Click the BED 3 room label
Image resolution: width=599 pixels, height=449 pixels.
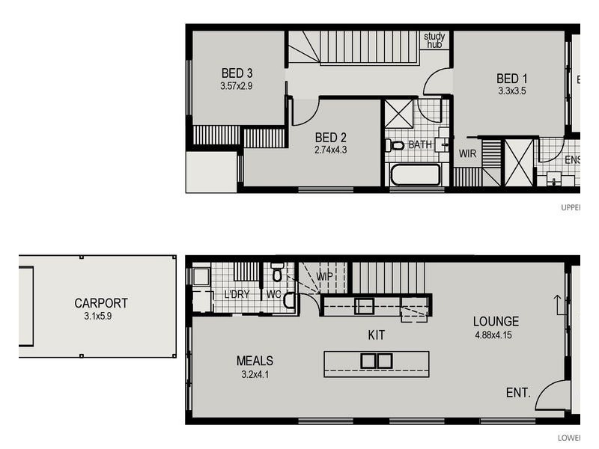[x=237, y=73]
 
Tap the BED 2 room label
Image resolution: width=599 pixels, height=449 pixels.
[x=330, y=137]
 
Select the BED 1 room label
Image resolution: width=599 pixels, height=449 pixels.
[x=512, y=79]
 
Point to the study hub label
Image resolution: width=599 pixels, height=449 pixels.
[x=434, y=40]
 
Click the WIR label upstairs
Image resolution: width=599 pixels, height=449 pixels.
[x=468, y=153]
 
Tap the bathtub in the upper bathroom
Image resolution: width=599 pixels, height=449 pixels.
[x=416, y=175]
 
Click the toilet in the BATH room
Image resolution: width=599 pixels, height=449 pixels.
[x=396, y=145]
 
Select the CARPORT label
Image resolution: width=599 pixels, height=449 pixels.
[x=100, y=303]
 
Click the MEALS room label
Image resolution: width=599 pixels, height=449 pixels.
[x=255, y=361]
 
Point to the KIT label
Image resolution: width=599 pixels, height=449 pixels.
[x=376, y=335]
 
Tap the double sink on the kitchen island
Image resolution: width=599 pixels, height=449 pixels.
[x=376, y=361]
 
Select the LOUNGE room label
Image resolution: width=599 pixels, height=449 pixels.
[x=496, y=322]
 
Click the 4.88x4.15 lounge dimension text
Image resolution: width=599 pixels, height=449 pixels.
[x=496, y=335]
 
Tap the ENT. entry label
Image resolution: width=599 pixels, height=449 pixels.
[x=518, y=392]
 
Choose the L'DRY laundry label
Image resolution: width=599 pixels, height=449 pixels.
[x=237, y=294]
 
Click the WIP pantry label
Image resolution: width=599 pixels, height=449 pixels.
[x=324, y=276]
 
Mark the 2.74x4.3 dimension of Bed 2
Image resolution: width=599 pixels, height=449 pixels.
[x=330, y=149]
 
